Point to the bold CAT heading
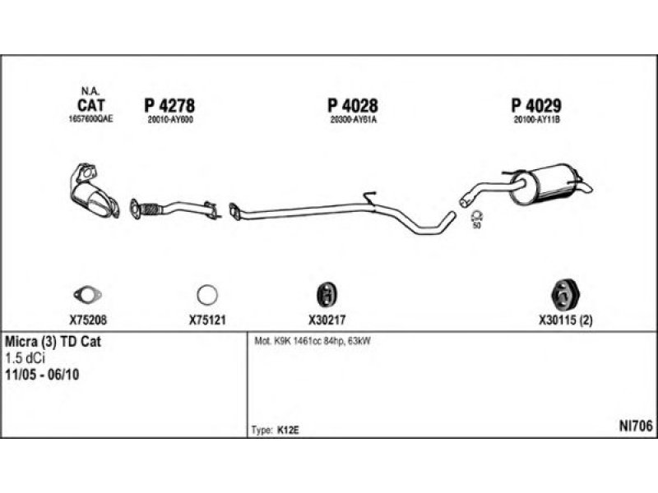pyautogui.click(x=90, y=105)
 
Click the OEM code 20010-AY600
pyautogui.click(x=169, y=120)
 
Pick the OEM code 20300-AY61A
pyautogui.click(x=353, y=120)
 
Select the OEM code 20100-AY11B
pyautogui.click(x=536, y=120)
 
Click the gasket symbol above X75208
pyautogui.click(x=85, y=294)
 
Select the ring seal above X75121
pyautogui.click(x=206, y=294)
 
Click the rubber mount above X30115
pyautogui.click(x=565, y=293)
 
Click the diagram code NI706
pyautogui.click(x=635, y=426)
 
